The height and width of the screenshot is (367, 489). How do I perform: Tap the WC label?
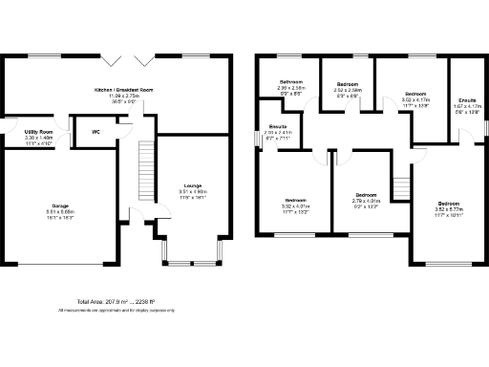point(96,132)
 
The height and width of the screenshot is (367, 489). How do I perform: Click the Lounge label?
point(192,185)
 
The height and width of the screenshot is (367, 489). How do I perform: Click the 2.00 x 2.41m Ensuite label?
point(278,127)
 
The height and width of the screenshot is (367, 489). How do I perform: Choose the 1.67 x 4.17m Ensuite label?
point(468,99)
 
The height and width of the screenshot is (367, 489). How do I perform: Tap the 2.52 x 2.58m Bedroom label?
point(348,85)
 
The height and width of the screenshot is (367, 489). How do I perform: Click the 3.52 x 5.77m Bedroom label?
point(449,205)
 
